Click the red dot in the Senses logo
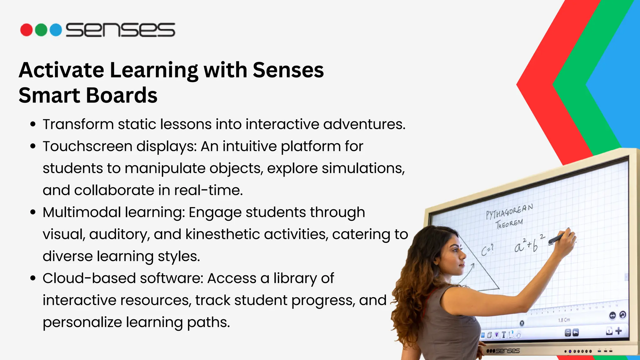click(x=27, y=30)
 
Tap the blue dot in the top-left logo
click(x=56, y=30)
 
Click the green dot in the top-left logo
click(x=41, y=30)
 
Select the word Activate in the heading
click(x=62, y=70)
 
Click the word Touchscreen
click(x=87, y=146)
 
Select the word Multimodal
click(x=82, y=212)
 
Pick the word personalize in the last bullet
click(x=82, y=322)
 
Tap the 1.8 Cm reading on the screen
click(x=564, y=320)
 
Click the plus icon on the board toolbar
click(x=618, y=331)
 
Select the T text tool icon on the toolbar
click(x=503, y=335)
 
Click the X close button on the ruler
click(x=522, y=323)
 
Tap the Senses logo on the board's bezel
click(x=503, y=351)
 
